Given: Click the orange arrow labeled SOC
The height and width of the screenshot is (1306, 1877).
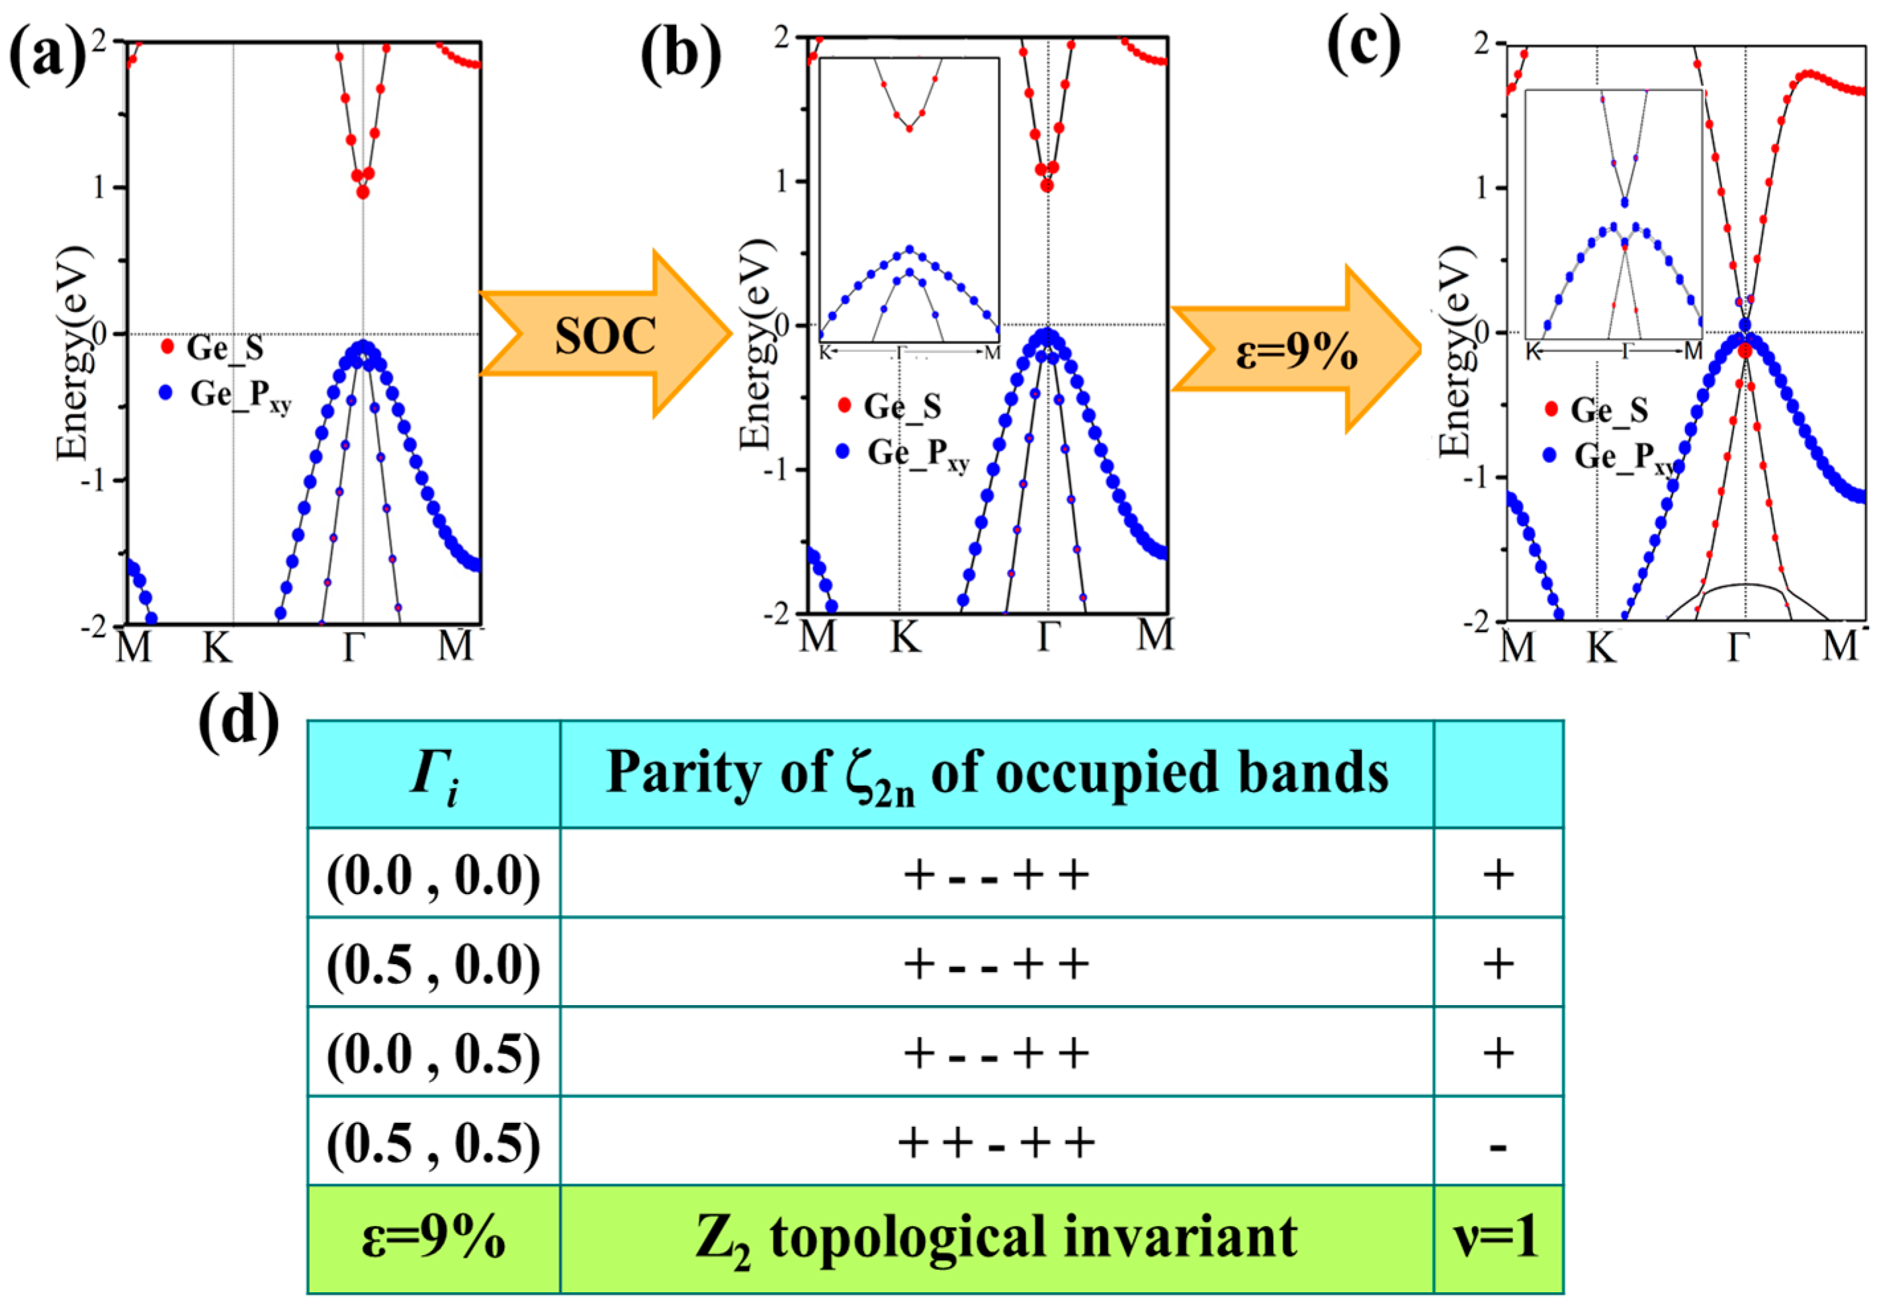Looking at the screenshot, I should click(x=605, y=335).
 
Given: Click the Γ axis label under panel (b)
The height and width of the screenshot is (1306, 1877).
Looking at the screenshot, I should click(x=1049, y=637).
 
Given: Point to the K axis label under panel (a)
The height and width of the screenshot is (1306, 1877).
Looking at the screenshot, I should click(x=218, y=648).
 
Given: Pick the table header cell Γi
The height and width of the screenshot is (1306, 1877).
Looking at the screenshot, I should click(x=433, y=774).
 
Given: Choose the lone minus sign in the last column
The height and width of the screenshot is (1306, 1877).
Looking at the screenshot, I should click(x=1498, y=1146).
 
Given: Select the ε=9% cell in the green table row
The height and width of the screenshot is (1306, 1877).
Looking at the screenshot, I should click(x=433, y=1238).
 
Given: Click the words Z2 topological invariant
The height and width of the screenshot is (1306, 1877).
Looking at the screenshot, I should click(x=996, y=1238).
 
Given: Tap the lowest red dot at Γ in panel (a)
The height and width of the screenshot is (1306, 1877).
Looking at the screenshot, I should click(x=363, y=192).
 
